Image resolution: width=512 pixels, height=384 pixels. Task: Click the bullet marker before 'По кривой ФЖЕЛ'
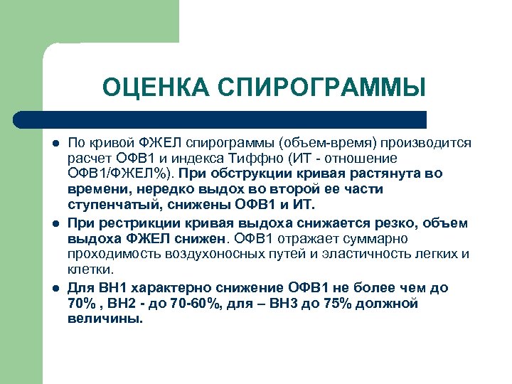54,143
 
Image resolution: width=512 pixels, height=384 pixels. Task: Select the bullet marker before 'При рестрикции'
54,224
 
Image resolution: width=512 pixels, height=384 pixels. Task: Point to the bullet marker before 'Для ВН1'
54,288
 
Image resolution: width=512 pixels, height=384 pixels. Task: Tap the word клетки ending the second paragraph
90,270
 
